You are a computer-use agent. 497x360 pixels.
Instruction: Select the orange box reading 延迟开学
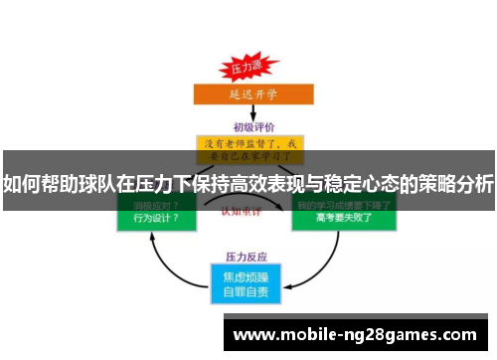(247, 94)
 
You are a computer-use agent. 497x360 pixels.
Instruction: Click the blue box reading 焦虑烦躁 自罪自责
(247, 282)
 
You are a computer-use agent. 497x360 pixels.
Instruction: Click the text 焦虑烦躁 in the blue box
(247, 274)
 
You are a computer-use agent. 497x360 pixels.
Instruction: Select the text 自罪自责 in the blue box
(247, 291)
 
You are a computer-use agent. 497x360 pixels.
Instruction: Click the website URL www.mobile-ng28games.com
(355, 335)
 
